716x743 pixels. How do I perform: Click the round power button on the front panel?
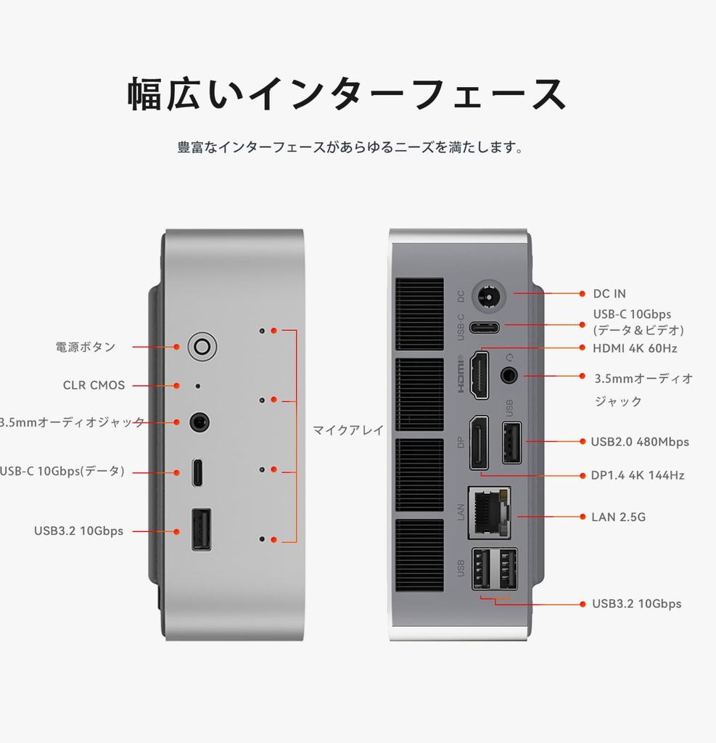(202, 347)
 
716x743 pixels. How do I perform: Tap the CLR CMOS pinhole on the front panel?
(199, 386)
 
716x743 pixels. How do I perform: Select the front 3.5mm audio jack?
(200, 422)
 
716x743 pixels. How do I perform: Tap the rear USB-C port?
(484, 327)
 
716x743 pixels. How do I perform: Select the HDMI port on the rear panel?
(480, 374)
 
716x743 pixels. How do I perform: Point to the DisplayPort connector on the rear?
(479, 443)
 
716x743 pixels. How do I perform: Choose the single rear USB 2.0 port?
(511, 442)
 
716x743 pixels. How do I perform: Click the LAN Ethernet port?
(490, 512)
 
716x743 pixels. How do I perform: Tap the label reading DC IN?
(609, 294)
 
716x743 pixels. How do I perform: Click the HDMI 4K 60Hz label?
(635, 348)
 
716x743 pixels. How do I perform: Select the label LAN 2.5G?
(618, 517)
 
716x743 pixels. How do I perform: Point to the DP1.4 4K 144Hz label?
(637, 476)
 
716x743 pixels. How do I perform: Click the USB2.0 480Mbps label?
(639, 442)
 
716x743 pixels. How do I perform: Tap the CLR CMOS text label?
(94, 385)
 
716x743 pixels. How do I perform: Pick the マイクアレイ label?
(348, 430)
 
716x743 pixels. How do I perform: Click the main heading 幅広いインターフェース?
(347, 94)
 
